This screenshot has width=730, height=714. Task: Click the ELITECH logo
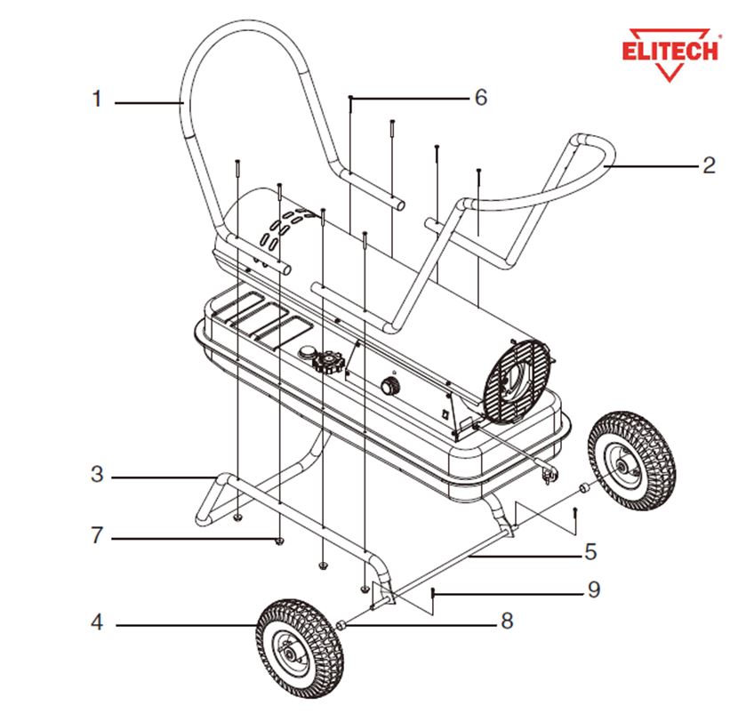[670, 53]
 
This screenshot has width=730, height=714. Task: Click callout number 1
[97, 99]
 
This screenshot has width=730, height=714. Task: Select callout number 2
[709, 165]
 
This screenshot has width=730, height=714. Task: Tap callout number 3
[97, 474]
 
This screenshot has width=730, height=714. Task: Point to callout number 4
[97, 622]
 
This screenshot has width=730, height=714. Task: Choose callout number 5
[590, 551]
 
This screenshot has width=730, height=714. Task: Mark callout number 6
[481, 97]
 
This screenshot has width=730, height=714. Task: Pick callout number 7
[97, 535]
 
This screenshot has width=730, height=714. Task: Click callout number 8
[507, 621]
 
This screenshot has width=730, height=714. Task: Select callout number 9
[594, 590]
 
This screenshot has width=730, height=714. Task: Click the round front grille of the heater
[517, 381]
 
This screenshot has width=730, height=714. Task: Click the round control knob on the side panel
[389, 386]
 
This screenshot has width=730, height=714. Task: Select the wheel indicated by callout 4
[300, 648]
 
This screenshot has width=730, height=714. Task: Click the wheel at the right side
[631, 461]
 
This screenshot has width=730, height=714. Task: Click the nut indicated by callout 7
[279, 541]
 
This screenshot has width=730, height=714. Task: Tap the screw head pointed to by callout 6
[350, 97]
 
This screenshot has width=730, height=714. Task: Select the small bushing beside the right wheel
[583, 488]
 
